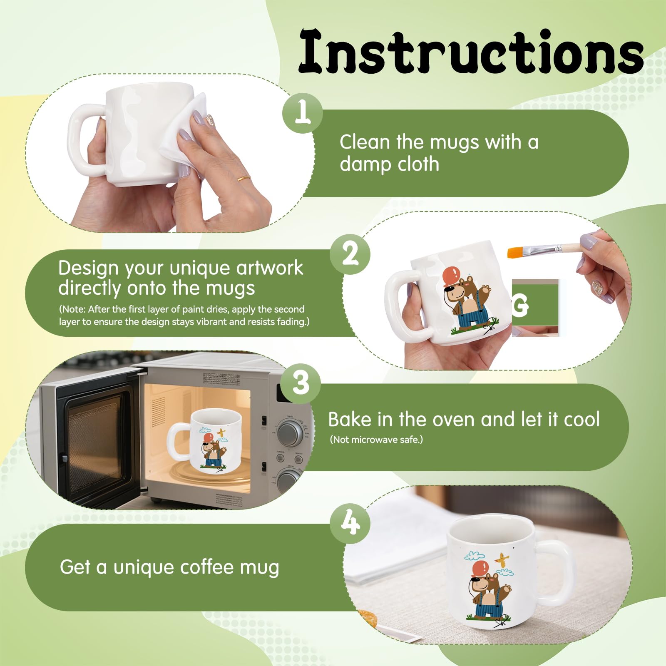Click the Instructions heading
[470, 52]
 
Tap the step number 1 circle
[303, 113]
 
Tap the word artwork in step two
[270, 268]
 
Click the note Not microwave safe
[376, 440]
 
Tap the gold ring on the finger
[244, 179]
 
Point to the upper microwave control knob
[290, 432]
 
